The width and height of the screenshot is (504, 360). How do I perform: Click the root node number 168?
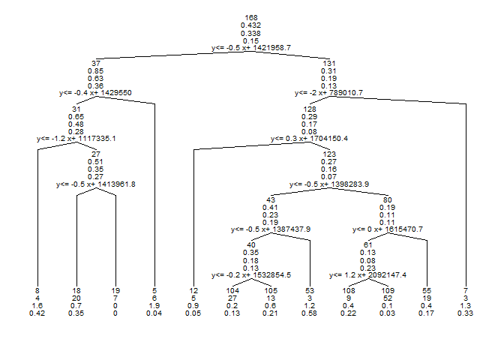coord(251,17)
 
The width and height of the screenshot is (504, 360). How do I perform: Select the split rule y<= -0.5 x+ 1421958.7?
coord(251,47)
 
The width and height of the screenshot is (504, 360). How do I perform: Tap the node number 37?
coord(96,63)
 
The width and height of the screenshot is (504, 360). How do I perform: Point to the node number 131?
coord(329,63)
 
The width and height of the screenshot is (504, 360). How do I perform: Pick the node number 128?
coord(309,109)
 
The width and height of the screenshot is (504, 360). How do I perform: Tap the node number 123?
coord(329,154)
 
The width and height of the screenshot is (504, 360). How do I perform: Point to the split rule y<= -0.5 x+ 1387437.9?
coord(271,229)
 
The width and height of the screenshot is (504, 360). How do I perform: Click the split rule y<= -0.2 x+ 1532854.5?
coord(251,275)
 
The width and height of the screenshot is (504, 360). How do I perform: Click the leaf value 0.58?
coord(310,313)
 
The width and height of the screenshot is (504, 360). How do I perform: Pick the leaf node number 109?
coord(388,289)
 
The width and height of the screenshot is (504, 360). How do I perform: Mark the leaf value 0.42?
coord(37,313)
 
